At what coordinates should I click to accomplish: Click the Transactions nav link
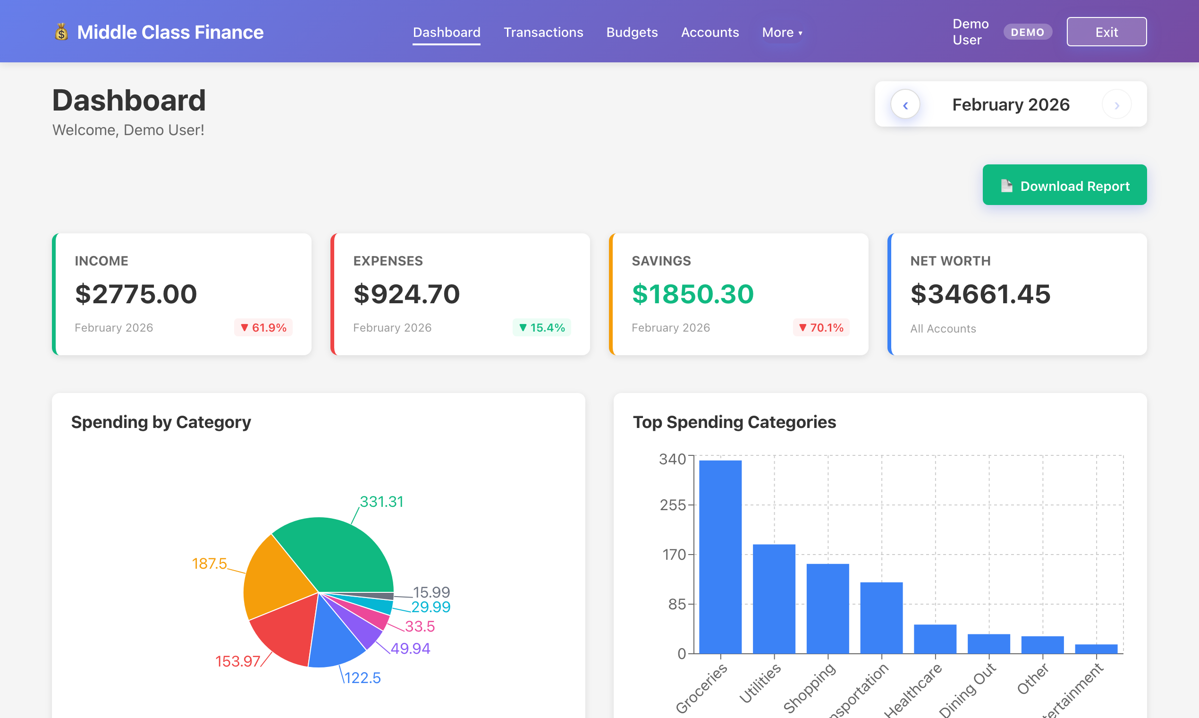point(543,32)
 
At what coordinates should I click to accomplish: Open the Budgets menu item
point(632,32)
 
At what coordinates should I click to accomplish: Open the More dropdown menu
point(781,33)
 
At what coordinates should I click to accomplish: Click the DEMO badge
point(1027,32)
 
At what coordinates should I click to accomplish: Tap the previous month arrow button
point(905,104)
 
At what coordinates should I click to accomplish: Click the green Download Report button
point(1064,185)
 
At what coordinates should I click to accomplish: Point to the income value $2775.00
point(136,294)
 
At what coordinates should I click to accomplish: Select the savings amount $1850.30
point(692,294)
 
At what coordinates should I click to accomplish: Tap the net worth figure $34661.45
point(980,294)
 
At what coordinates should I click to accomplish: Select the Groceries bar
point(720,556)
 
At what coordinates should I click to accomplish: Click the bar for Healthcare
point(935,639)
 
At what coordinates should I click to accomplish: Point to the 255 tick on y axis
point(673,504)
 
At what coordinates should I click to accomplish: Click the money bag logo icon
point(61,32)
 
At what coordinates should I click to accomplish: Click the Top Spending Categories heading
point(734,422)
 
